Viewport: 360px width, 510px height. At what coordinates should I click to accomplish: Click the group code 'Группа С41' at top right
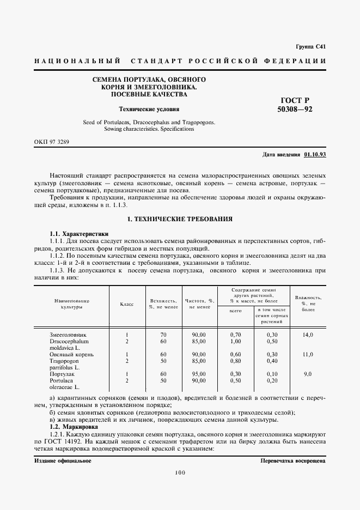coord(310,47)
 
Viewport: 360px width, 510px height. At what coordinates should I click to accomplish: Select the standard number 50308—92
coord(295,109)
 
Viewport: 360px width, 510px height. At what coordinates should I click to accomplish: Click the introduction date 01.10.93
coord(315,155)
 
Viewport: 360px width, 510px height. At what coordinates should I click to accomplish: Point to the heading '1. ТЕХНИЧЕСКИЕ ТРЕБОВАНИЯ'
coord(180,218)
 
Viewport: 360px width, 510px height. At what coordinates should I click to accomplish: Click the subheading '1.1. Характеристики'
coord(76,233)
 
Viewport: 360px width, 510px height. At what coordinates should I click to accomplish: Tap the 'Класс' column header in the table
coord(126,304)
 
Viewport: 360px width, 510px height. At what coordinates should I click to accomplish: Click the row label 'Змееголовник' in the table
coord(68,334)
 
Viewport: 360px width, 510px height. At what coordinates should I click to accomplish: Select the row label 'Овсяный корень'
coord(69,354)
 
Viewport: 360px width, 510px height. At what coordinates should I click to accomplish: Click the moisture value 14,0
coord(308,334)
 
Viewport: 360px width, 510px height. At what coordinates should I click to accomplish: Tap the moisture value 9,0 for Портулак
coord(308,374)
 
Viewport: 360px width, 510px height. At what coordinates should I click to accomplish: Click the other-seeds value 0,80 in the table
coord(235,361)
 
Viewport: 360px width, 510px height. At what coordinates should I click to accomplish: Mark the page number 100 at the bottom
coord(180,473)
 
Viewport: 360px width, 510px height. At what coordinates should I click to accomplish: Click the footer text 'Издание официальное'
coord(63,460)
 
